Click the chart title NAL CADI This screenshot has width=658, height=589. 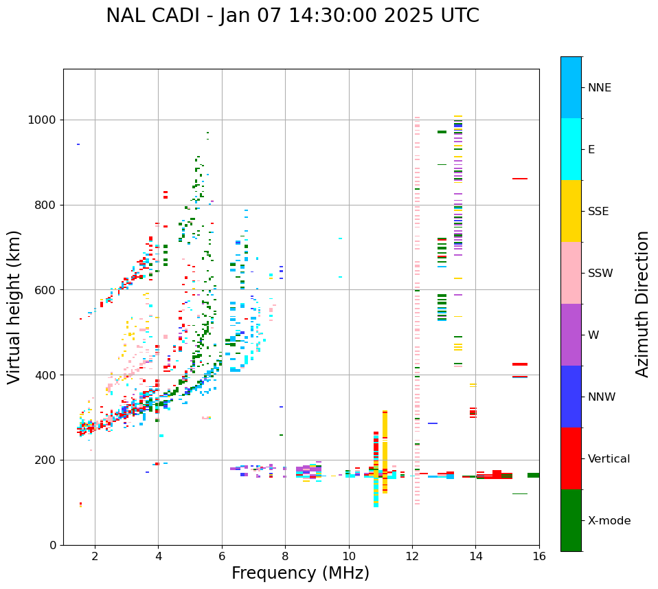[292, 16]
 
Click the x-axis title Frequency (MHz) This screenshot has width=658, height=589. [300, 573]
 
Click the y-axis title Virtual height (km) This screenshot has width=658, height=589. [14, 307]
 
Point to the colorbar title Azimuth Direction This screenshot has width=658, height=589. [642, 304]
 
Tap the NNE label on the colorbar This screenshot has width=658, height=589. [600, 88]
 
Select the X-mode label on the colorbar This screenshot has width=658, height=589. [609, 521]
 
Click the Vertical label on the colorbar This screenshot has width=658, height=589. [609, 459]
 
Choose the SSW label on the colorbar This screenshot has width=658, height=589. [600, 274]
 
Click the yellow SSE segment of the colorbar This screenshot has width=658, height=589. [571, 210]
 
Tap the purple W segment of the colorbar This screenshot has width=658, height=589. [571, 334]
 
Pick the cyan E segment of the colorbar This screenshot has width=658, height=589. [571, 148]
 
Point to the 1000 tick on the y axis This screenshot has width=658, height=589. [44, 120]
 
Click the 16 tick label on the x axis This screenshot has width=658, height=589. [538, 556]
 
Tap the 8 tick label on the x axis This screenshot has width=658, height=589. [285, 556]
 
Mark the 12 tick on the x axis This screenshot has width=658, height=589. [412, 556]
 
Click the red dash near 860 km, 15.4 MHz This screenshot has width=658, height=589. [520, 179]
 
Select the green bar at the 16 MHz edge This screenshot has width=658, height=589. [533, 475]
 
